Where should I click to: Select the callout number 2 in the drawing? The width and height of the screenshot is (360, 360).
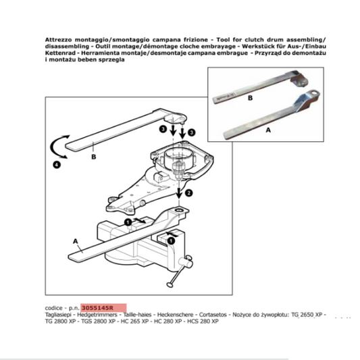(x=190, y=192)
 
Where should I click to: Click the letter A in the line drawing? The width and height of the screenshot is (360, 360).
(x=74, y=239)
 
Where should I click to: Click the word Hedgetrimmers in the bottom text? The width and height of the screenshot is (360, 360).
(x=95, y=314)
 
